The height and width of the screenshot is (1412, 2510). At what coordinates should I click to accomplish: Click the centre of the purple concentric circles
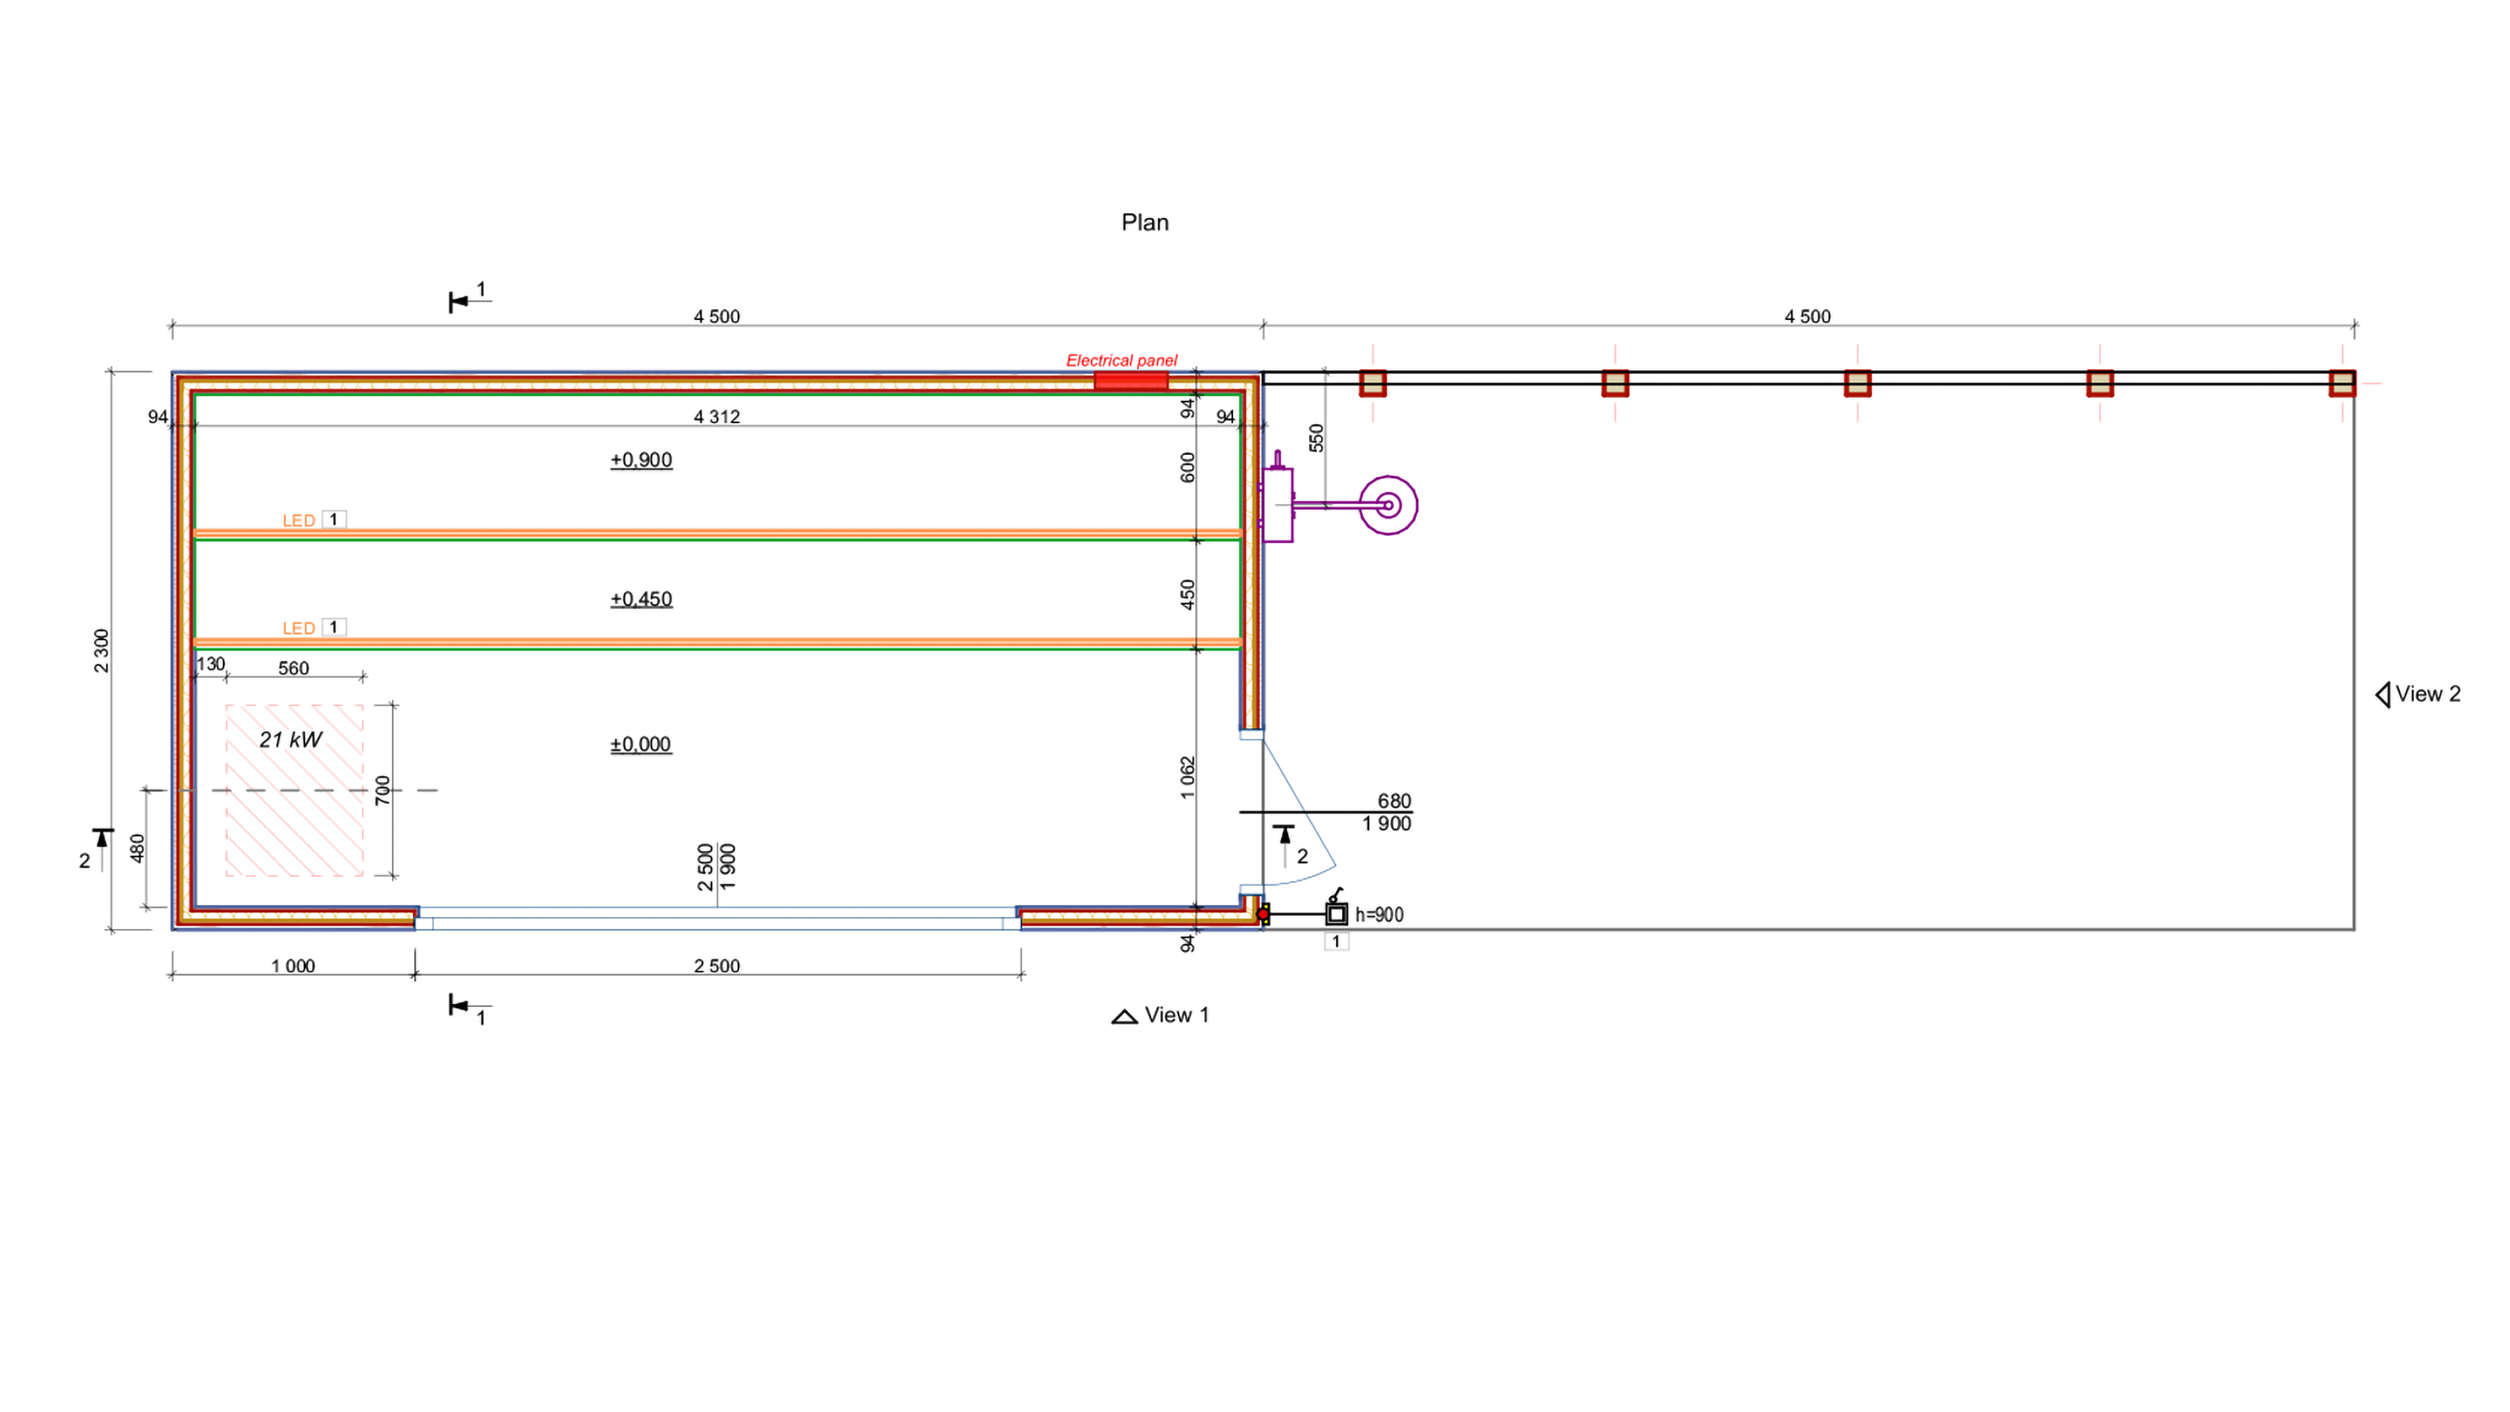point(1389,505)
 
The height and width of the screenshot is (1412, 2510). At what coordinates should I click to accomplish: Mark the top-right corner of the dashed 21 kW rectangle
point(363,705)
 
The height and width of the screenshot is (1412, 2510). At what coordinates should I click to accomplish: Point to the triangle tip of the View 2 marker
point(2376,695)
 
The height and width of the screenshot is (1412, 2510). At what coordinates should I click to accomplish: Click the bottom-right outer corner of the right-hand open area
point(2354,929)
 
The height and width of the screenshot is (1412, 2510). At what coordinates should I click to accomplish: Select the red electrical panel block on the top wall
point(1130,380)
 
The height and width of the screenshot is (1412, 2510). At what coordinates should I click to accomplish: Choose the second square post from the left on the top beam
point(1615,383)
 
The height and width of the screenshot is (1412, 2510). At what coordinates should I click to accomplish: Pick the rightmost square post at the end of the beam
point(2342,383)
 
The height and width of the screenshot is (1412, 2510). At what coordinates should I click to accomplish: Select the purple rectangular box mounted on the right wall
point(1278,505)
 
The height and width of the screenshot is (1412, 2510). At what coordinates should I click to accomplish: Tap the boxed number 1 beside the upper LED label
point(333,520)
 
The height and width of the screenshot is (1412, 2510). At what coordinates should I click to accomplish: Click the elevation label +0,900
point(641,460)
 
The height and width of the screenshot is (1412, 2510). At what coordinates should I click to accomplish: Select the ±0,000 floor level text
point(641,744)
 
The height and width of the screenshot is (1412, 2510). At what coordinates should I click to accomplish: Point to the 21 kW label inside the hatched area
point(291,740)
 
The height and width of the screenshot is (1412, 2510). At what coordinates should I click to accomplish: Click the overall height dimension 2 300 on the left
point(101,650)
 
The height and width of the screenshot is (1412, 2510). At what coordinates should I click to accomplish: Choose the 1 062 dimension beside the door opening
point(1187,778)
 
